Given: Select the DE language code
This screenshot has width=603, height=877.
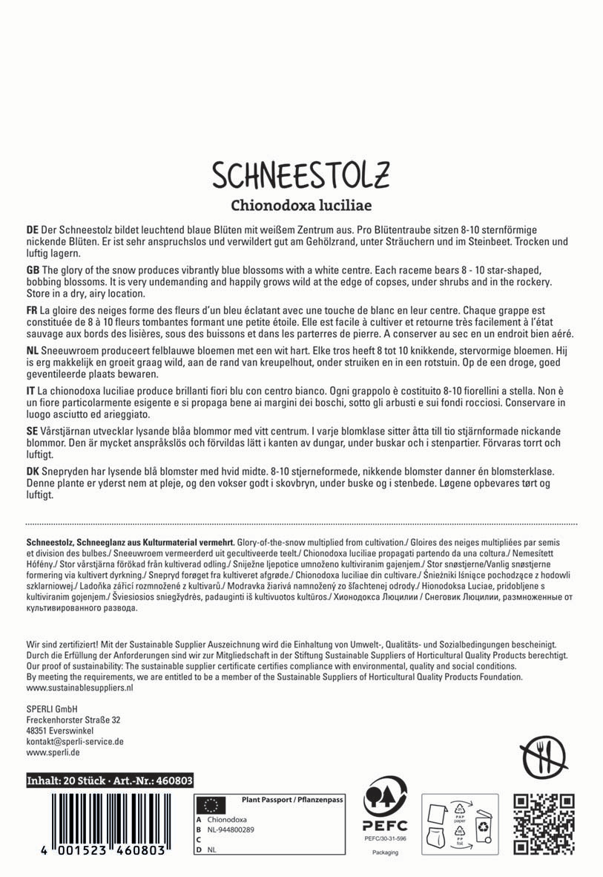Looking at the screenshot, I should (x=32, y=230).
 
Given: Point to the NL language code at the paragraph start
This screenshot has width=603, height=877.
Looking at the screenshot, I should (x=32, y=348).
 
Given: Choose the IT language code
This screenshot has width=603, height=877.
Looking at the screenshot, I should (x=30, y=391).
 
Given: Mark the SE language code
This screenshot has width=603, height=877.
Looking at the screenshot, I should (x=32, y=431).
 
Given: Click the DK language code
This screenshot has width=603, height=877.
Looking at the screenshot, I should (x=32, y=472).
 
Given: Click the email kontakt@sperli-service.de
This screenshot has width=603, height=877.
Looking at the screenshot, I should (x=74, y=741).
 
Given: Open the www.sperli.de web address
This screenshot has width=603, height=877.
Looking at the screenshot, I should (x=53, y=752).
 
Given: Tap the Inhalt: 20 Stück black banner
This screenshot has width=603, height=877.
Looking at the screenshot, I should (x=110, y=780).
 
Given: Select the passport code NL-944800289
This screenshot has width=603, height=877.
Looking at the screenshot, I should (x=231, y=829).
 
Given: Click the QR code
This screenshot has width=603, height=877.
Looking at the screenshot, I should (x=545, y=824).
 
